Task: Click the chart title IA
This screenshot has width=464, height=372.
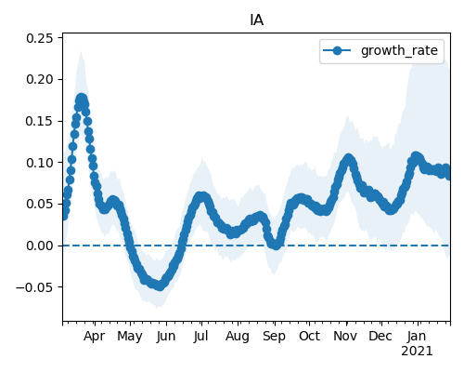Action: (256, 20)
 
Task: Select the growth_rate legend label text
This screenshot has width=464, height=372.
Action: (399, 50)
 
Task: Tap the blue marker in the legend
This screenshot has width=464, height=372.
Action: (337, 50)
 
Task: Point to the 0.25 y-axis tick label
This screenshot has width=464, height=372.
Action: (40, 38)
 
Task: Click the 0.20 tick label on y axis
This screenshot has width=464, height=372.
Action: (40, 79)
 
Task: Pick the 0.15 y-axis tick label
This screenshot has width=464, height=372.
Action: (40, 121)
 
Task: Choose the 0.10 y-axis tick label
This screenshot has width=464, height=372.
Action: (40, 163)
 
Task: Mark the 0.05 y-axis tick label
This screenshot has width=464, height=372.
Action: (40, 204)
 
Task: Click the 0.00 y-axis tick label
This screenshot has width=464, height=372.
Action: (40, 246)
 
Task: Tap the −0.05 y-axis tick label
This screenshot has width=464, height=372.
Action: (35, 287)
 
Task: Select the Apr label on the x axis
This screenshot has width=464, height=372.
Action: (95, 336)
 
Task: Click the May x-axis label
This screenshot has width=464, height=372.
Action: (130, 337)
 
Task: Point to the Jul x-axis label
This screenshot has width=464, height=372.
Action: (201, 336)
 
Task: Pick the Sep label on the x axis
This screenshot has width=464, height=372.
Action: (274, 337)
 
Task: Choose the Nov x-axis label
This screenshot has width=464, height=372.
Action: (345, 336)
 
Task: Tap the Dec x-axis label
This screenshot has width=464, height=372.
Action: (380, 336)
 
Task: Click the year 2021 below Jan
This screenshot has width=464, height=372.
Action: (417, 352)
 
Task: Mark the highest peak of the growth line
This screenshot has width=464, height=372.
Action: (81, 99)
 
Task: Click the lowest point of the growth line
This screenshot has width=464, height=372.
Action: (160, 286)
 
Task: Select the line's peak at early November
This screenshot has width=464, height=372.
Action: (349, 159)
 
